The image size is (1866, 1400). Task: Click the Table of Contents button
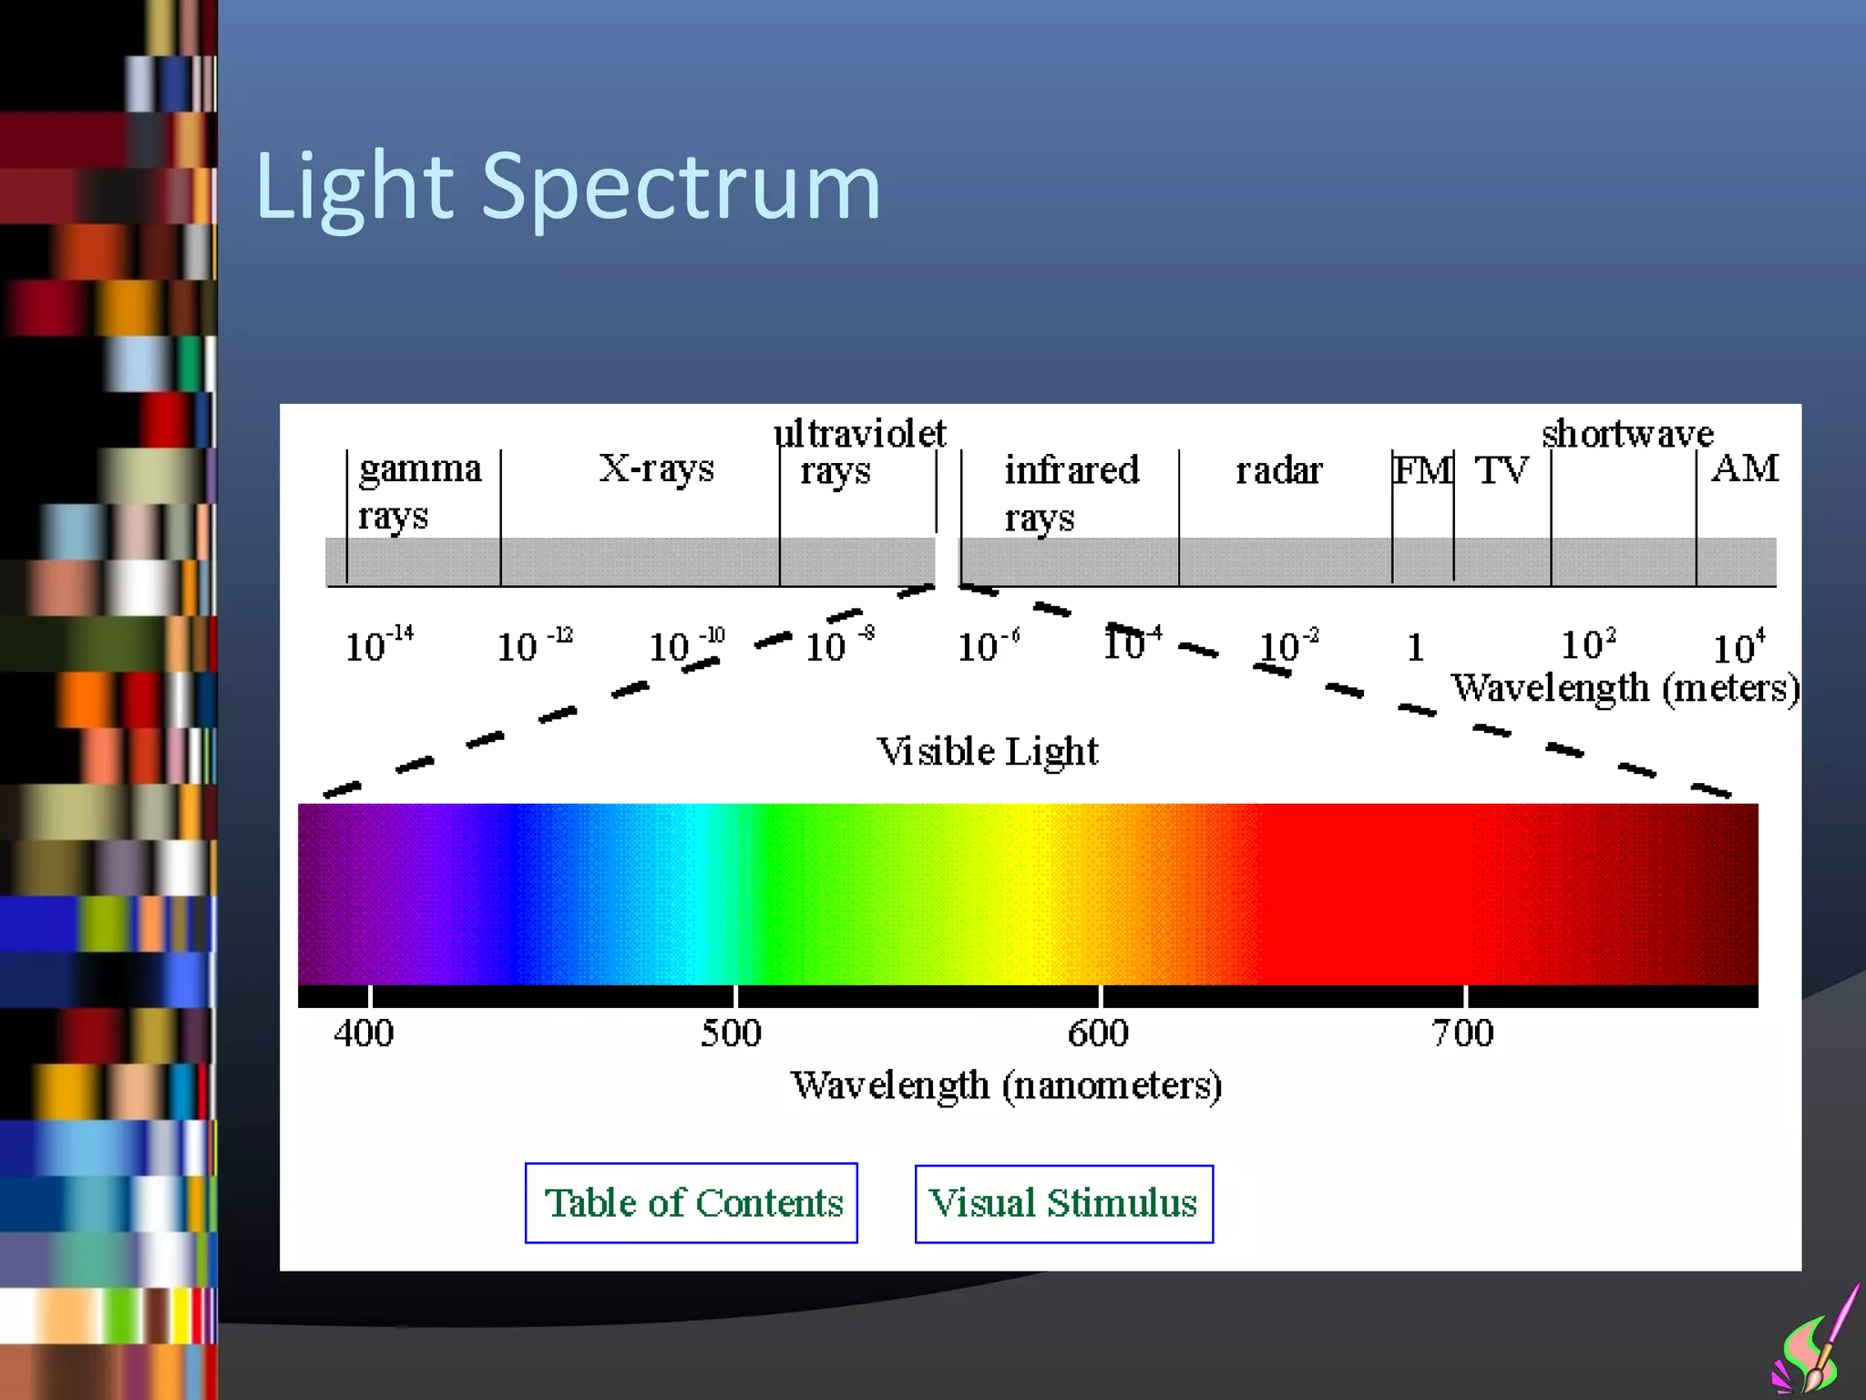[x=691, y=1202]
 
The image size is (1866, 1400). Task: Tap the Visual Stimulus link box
[x=1063, y=1203]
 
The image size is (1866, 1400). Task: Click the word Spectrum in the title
[x=681, y=187]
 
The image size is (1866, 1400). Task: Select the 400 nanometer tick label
[x=364, y=1034]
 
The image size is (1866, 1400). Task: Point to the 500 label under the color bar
[x=731, y=1034]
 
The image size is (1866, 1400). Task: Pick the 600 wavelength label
[x=1098, y=1034]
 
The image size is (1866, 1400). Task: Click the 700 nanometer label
[x=1462, y=1034]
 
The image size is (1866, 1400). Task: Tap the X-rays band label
[x=656, y=468]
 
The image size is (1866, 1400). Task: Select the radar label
[x=1278, y=470]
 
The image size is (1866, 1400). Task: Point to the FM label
[x=1422, y=470]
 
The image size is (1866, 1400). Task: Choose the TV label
[x=1501, y=470]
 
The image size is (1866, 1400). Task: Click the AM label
[x=1745, y=468]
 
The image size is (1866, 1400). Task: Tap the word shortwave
[x=1627, y=433]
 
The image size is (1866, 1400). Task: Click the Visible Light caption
[x=987, y=751]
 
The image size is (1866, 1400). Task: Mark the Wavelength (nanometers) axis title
[x=1006, y=1085]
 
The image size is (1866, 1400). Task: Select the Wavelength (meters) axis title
[x=1625, y=687]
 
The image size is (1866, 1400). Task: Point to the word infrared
[x=1071, y=470]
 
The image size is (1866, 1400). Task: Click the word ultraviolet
[x=859, y=433]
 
